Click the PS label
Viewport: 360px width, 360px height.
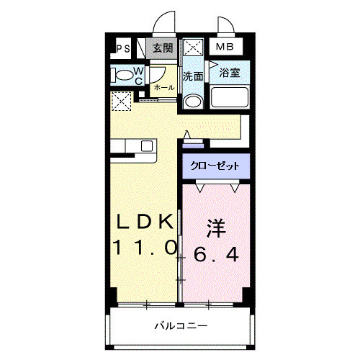(x=122, y=49)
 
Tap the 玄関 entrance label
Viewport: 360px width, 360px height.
(x=163, y=48)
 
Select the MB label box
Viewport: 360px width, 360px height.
(x=226, y=48)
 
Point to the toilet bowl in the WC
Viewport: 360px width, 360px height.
(x=122, y=74)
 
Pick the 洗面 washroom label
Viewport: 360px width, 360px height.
(x=192, y=75)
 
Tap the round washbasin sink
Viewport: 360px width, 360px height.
(x=192, y=101)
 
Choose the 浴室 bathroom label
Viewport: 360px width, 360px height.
(x=230, y=72)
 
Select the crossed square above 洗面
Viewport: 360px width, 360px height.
(x=192, y=50)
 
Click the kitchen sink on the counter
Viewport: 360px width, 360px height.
(x=146, y=145)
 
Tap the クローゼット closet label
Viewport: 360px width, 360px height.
(x=215, y=165)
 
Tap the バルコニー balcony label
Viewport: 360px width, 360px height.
(x=180, y=325)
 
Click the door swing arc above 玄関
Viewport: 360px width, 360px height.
(x=168, y=22)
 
